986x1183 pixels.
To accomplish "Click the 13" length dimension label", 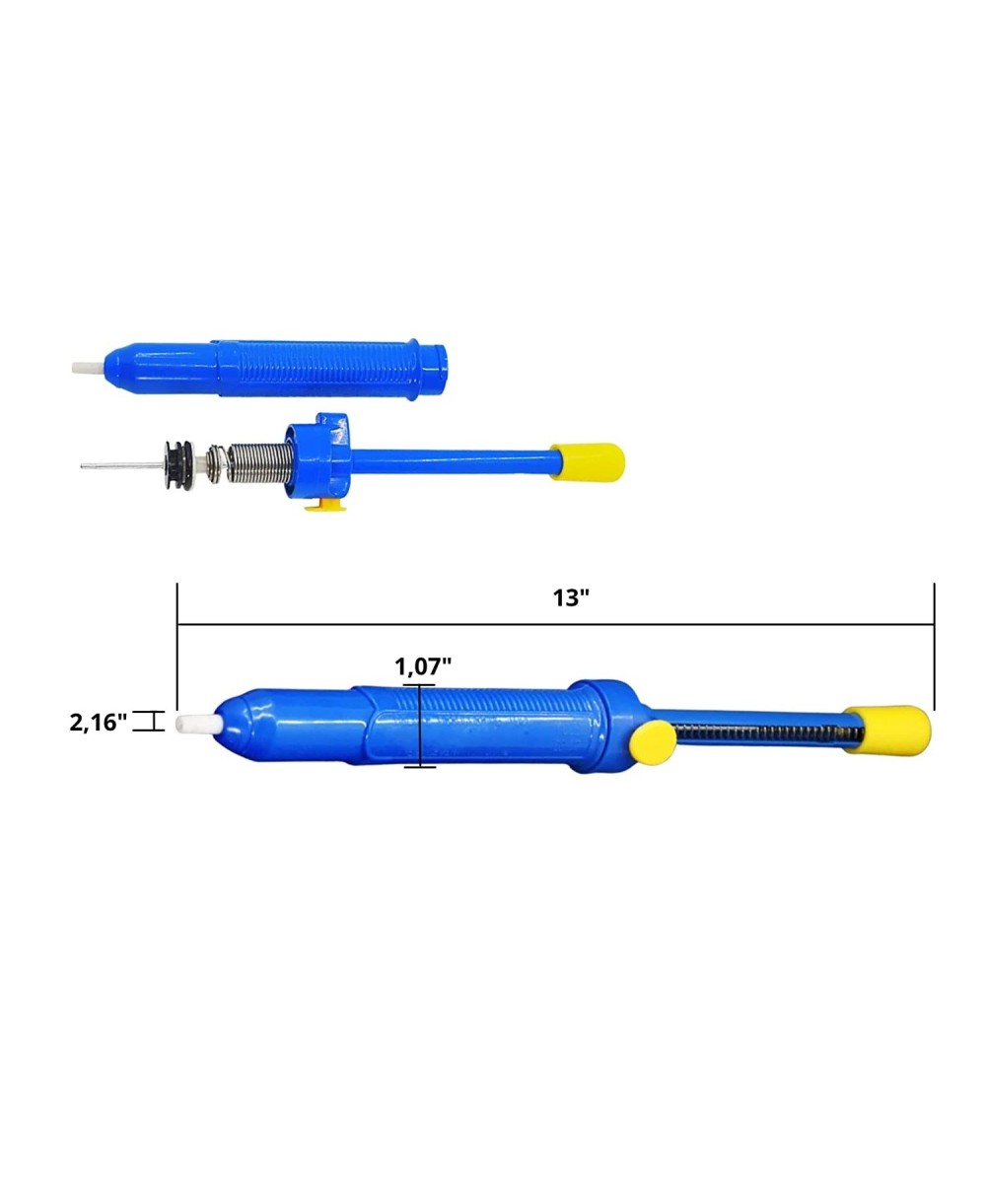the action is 571,598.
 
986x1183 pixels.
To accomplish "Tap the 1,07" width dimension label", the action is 423,666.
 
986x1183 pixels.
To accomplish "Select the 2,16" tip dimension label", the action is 98,723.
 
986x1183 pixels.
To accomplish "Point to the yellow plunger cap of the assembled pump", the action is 886,730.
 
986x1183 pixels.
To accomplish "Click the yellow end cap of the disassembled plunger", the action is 588,462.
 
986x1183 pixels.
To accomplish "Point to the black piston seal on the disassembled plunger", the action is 179,465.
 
